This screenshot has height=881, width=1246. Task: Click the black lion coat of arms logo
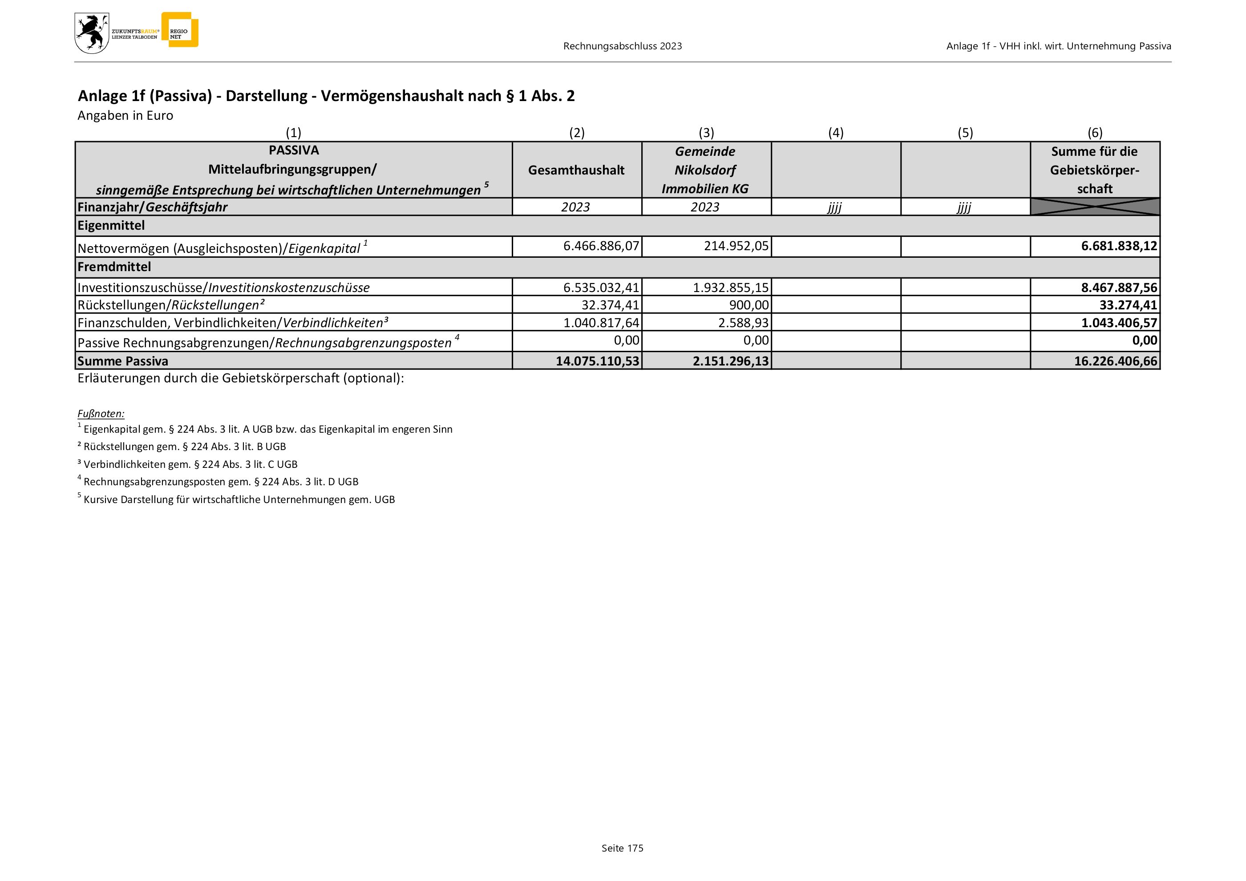[91, 33]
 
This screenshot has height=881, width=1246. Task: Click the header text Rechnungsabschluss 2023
[623, 46]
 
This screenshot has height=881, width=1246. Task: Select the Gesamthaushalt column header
[576, 170]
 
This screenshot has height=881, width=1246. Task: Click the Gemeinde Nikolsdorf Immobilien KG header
[705, 170]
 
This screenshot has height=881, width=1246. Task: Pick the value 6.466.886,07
[601, 246]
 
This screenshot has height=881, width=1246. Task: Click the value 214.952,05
[736, 246]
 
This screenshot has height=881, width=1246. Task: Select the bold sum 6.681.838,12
[1119, 246]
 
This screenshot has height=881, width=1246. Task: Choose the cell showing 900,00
[749, 305]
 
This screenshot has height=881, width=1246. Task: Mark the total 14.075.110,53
[598, 361]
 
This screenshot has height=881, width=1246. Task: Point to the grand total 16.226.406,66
[1115, 361]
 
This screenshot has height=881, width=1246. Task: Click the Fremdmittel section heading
[114, 267]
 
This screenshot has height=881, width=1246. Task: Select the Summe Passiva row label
[123, 361]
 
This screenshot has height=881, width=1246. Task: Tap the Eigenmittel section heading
[111, 225]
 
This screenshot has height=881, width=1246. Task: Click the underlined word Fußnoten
[101, 414]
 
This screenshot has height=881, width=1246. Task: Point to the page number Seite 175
[622, 848]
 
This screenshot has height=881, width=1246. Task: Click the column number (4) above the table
[836, 133]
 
